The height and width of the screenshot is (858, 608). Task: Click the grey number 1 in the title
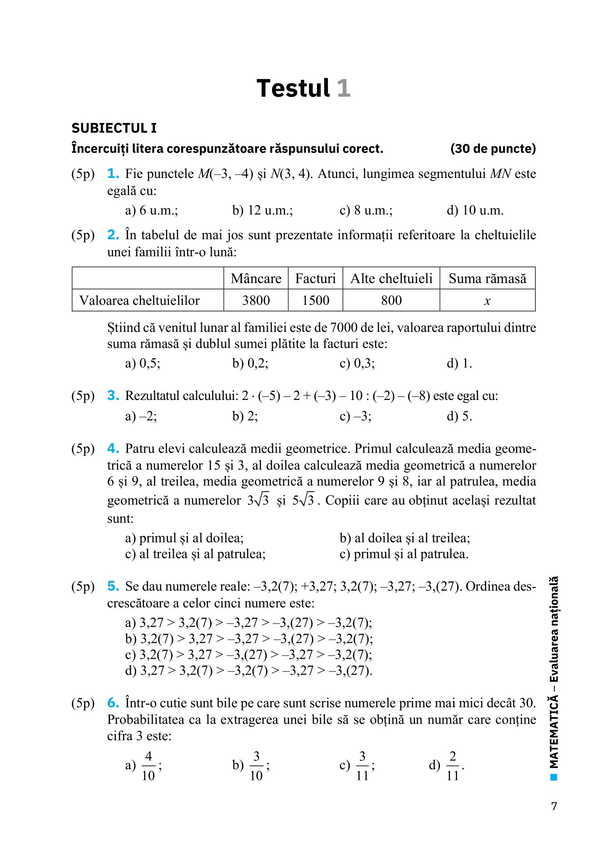[x=343, y=88]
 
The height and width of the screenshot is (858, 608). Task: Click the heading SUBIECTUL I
[x=114, y=128]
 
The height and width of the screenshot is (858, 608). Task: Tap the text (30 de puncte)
[x=493, y=149]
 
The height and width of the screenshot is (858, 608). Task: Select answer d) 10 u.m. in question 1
[x=475, y=211]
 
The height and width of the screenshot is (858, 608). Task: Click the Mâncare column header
[x=256, y=278]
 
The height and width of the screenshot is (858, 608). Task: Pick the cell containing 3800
[x=256, y=301]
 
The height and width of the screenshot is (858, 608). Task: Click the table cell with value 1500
[x=316, y=301]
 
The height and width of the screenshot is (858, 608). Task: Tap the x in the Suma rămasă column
[x=487, y=301]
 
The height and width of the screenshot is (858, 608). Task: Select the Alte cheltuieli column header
[x=391, y=278]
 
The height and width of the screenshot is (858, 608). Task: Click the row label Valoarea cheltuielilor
[x=139, y=301]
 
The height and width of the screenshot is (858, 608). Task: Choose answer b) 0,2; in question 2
[x=250, y=364]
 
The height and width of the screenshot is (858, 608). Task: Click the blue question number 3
[x=113, y=396]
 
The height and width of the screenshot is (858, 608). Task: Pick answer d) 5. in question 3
[x=459, y=416]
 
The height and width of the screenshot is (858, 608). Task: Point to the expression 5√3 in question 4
[x=303, y=500]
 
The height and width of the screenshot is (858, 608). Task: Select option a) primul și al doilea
[x=184, y=538]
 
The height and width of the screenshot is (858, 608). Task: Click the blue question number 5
[x=113, y=587]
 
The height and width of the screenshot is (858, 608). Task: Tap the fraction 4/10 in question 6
[x=148, y=766]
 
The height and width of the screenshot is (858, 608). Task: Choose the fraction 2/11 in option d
[x=452, y=766]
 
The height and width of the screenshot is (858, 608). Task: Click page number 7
[x=554, y=806]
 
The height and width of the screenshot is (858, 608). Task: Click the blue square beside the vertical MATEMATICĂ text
[x=554, y=777]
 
